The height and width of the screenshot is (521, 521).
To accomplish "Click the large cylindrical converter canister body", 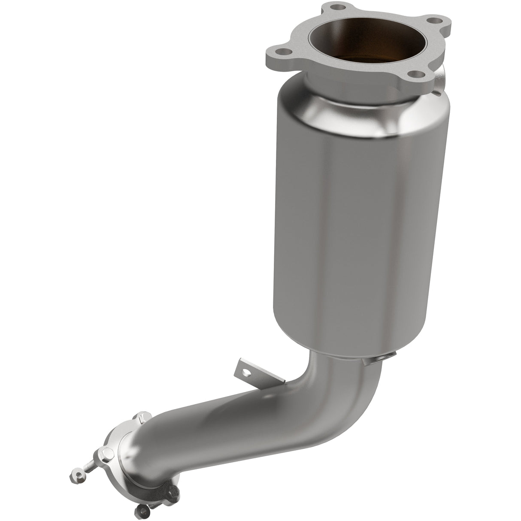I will point(356,215).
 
